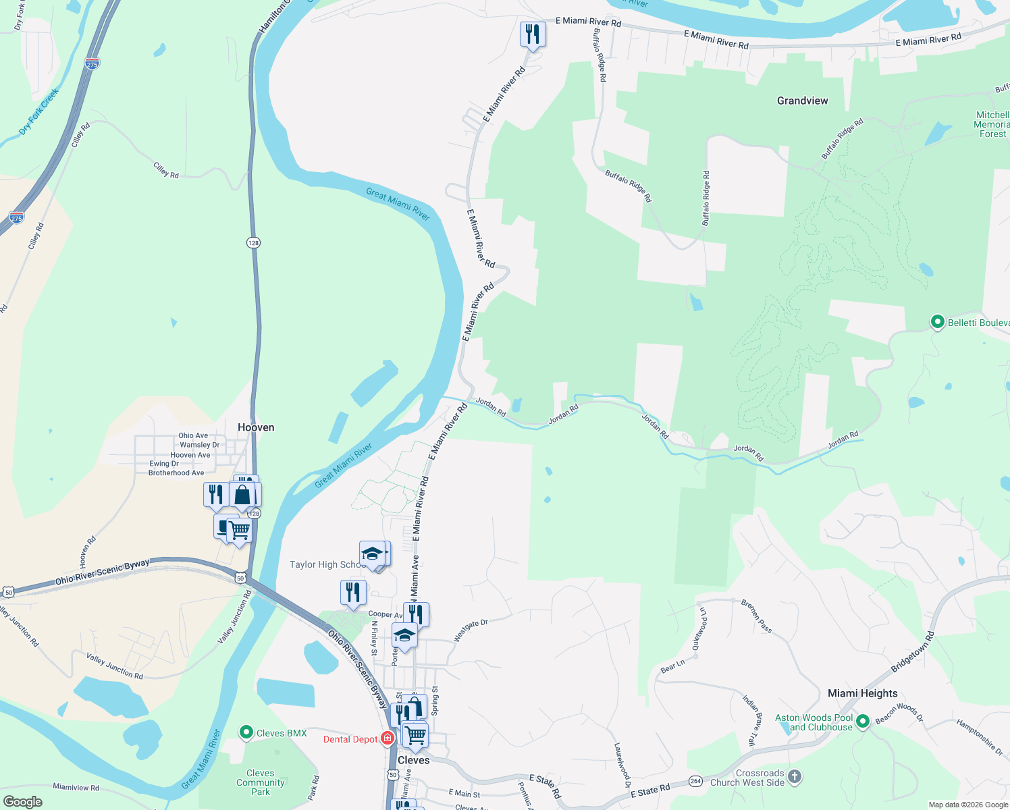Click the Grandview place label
coord(802,101)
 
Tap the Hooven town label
coord(256,427)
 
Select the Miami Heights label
coord(862,693)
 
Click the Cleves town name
coord(413,760)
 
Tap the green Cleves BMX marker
coord(246,732)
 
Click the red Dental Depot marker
coord(388,738)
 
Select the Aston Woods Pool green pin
coord(862,722)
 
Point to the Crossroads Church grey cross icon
coord(795,777)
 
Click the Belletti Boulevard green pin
coord(937,322)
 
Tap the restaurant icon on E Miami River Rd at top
coord(533,34)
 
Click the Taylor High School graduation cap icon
coord(372,554)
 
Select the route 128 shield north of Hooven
coord(253,242)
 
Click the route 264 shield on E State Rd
coord(695,781)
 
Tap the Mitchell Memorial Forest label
coord(992,124)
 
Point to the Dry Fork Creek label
coord(38,111)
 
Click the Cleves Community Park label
coord(261,782)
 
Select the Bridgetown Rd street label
coord(912,651)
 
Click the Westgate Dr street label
coord(470,630)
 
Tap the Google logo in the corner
coord(22,801)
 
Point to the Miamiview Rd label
coord(76,787)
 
